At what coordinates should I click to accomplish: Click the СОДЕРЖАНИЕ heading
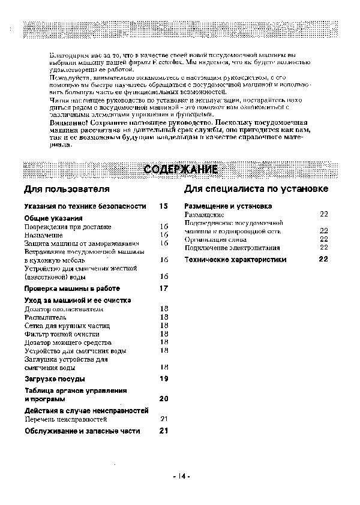pos(181,170)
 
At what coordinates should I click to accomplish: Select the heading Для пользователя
pos(67,190)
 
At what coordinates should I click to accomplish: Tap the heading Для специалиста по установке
pos(256,190)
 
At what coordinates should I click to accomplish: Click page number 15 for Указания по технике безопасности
pos(163,206)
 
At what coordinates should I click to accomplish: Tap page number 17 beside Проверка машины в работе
pos(163,288)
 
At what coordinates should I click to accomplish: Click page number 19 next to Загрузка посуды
pos(163,378)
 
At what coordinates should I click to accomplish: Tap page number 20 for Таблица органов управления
pos(163,398)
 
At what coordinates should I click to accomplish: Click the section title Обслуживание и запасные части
pos(82,431)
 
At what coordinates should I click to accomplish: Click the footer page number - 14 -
pos(181,477)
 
